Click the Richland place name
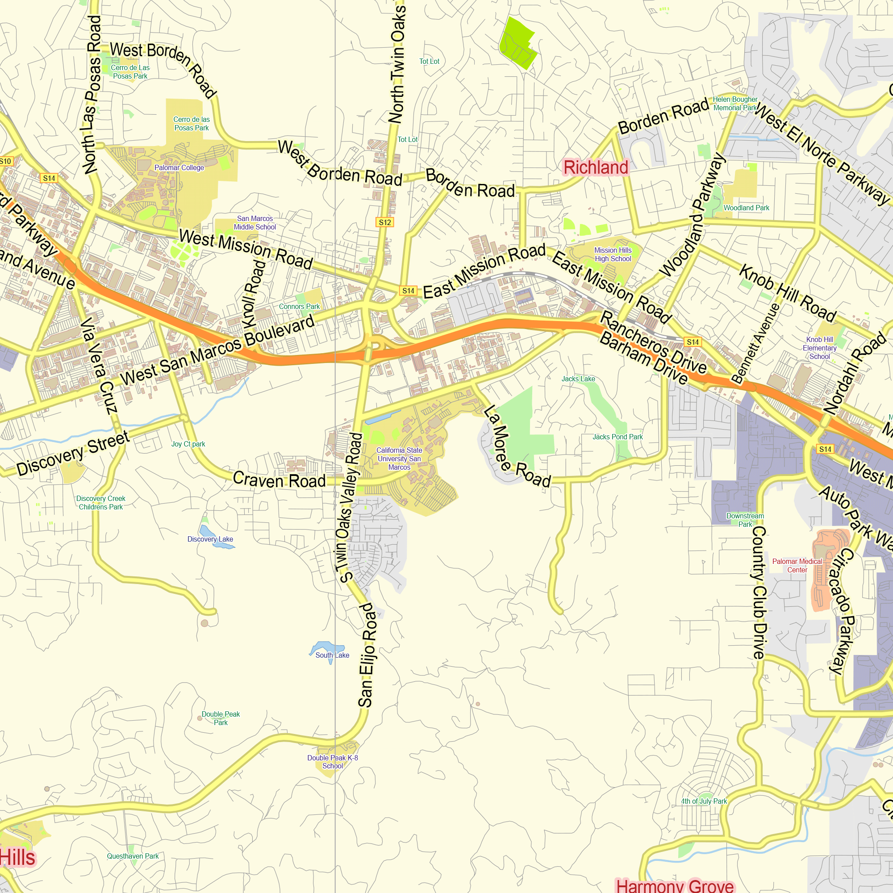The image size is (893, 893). (596, 167)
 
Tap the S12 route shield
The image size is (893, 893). (384, 222)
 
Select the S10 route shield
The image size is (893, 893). (5, 161)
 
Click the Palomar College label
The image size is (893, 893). (179, 168)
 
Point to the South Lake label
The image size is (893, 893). (332, 655)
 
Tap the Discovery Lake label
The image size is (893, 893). (210, 539)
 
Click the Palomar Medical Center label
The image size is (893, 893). (797, 565)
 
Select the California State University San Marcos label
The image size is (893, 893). (399, 459)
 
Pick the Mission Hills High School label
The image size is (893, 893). (613, 254)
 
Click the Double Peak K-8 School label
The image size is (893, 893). (332, 762)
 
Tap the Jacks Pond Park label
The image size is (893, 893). (618, 437)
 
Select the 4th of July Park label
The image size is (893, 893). (704, 801)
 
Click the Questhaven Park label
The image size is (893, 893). (133, 856)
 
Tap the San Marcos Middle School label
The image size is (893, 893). (255, 223)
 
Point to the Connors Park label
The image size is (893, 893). (299, 306)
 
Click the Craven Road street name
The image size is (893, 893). (279, 480)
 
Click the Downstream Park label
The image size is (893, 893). (745, 520)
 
